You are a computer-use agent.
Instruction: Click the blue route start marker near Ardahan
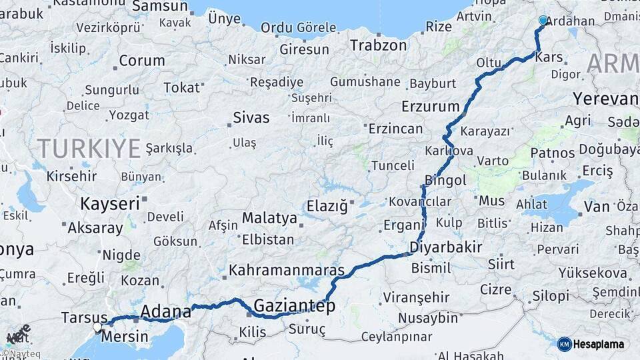[x=543, y=21]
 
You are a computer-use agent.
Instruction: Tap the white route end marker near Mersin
[x=97, y=327]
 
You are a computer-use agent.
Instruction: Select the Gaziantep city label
[x=293, y=306]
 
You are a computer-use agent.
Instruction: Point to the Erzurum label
[x=431, y=106]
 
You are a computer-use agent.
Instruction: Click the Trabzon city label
[x=378, y=45]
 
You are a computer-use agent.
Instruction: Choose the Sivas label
[x=251, y=118]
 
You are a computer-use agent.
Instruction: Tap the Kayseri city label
[x=110, y=203]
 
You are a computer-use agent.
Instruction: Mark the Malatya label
[x=269, y=218]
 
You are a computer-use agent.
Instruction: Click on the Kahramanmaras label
[x=287, y=270]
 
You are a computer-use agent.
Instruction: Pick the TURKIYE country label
[x=89, y=147]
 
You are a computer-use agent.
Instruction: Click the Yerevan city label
[x=605, y=99]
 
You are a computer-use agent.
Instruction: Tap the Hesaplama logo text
[x=599, y=344]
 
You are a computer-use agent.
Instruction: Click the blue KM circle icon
[x=565, y=344]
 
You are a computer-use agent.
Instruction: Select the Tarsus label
[x=84, y=317]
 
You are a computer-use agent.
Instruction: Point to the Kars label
[x=549, y=57]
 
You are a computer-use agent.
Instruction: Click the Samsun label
[x=160, y=6]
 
